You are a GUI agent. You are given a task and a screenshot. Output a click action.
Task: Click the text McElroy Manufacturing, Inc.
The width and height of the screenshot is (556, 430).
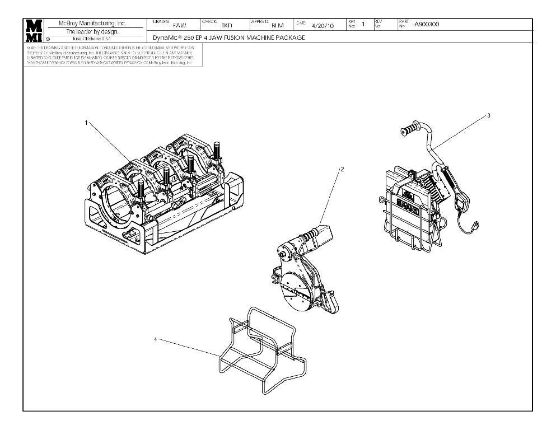click(x=93, y=24)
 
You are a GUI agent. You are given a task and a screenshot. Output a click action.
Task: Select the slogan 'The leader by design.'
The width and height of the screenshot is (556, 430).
click(x=92, y=31)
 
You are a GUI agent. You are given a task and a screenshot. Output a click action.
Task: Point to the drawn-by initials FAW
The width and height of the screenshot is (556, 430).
click(x=180, y=25)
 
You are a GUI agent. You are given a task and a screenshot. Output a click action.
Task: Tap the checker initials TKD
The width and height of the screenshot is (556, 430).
click(x=226, y=25)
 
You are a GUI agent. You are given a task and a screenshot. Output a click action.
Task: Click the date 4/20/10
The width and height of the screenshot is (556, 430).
click(x=323, y=25)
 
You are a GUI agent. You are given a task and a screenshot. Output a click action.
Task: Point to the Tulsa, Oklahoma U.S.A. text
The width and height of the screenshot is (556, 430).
click(x=90, y=39)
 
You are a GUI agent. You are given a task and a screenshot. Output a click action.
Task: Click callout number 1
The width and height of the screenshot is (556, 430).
click(x=86, y=123)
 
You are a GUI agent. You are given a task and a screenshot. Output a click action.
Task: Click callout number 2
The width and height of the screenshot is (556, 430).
click(x=342, y=169)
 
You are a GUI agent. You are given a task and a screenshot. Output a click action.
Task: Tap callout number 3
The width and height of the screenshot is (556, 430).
click(x=489, y=115)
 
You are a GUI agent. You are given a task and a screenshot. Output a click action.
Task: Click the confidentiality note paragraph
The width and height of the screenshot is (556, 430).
click(x=110, y=56)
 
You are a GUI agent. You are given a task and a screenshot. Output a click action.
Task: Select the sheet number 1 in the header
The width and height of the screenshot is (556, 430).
click(x=363, y=24)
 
